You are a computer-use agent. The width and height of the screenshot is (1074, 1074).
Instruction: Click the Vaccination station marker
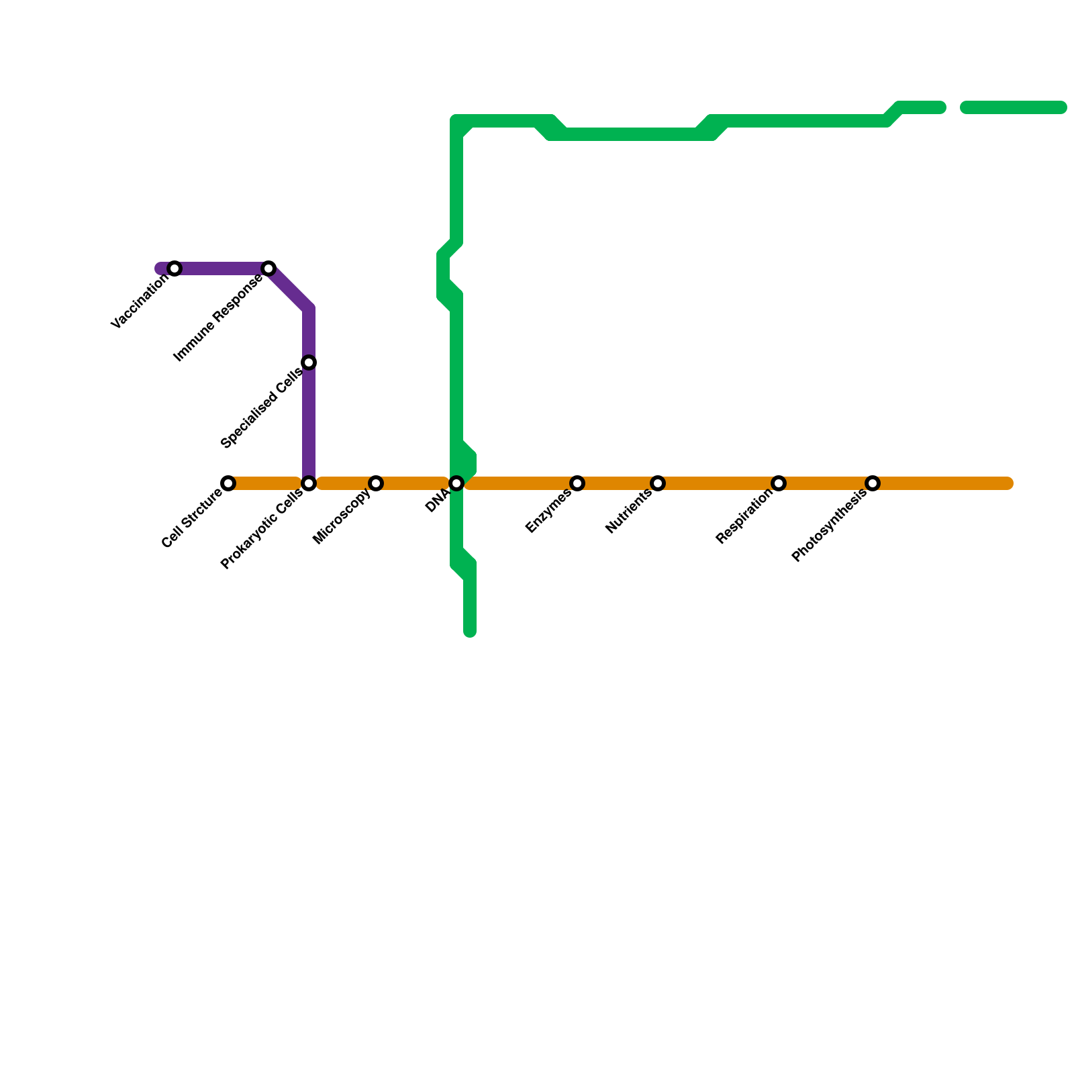(175, 268)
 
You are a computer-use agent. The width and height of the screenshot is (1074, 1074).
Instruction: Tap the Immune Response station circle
(268, 268)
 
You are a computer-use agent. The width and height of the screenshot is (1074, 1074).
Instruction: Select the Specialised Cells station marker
(309, 362)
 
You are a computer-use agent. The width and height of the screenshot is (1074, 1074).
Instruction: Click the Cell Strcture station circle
(228, 483)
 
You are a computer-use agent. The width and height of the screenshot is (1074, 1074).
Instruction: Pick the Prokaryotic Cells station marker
(309, 483)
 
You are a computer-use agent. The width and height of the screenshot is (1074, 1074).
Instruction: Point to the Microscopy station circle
(376, 483)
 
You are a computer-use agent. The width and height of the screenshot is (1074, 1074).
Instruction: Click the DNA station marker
(456, 483)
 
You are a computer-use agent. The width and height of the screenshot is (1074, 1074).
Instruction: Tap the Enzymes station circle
(577, 483)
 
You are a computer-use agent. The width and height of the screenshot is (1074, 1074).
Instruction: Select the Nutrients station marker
(658, 483)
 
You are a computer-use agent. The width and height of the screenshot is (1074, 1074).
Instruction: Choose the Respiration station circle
(779, 483)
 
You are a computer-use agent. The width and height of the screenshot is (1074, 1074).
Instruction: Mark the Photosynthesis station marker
(873, 483)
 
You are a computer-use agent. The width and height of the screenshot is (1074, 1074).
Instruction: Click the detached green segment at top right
(1014, 107)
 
